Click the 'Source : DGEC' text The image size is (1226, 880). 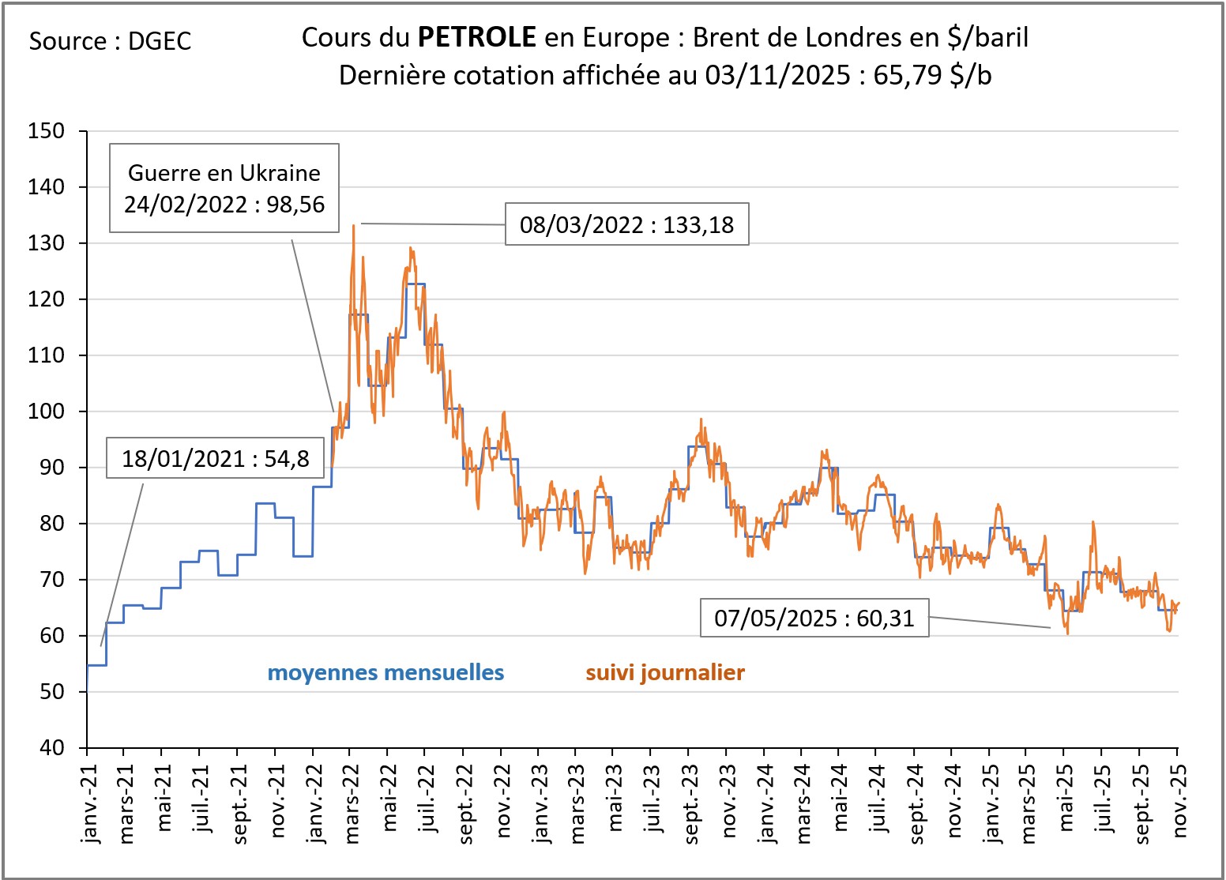110,41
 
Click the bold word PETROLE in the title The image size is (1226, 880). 476,36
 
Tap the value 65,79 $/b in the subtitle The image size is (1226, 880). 932,75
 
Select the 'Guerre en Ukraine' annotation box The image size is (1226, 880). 224,188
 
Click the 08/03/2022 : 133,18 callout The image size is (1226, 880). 626,225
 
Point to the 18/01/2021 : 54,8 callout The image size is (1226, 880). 215,458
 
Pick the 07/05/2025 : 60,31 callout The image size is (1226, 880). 814,618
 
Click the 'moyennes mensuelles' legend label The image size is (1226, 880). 385,672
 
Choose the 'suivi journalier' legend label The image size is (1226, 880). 665,672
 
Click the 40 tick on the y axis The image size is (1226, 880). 51,747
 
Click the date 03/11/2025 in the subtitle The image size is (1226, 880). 777,75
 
